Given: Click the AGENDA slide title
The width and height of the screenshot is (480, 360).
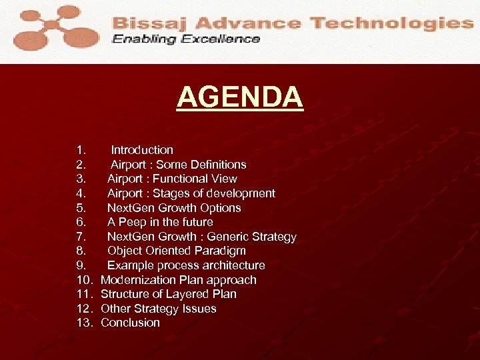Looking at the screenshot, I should click(239, 98).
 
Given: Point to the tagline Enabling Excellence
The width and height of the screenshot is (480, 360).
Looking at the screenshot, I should click(186, 39).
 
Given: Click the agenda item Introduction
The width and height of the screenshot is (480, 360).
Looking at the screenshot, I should click(141, 150).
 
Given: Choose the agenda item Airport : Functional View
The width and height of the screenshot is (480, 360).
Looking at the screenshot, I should click(172, 179).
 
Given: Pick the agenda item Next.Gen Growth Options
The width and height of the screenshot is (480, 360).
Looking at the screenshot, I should click(174, 208).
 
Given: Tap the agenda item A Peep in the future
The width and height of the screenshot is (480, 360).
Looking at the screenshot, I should click(160, 222).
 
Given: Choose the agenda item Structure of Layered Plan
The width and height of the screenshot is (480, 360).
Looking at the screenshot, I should click(168, 294).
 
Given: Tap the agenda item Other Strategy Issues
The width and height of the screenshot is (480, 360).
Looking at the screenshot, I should click(158, 309).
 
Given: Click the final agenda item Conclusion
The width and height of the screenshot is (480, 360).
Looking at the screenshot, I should click(130, 323).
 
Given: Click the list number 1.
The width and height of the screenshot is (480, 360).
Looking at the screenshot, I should click(81, 150).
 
